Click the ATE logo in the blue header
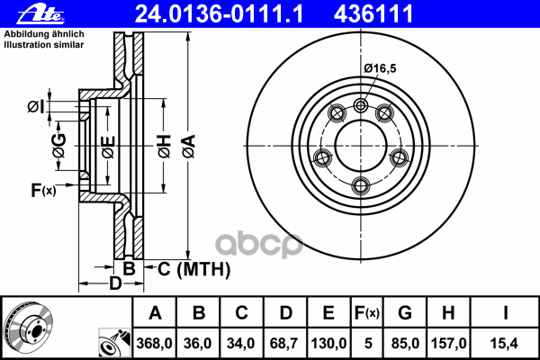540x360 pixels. (x=40, y=14)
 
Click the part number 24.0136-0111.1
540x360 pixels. (x=220, y=13)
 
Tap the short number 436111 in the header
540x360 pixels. (x=373, y=13)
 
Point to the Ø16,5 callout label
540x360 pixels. (x=380, y=68)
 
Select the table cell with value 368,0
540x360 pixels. (x=154, y=343)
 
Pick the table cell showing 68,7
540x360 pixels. (x=284, y=343)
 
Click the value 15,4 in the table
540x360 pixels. (x=504, y=343)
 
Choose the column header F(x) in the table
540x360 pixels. (x=367, y=313)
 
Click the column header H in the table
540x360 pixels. (x=448, y=313)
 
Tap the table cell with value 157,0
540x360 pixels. (x=448, y=343)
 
